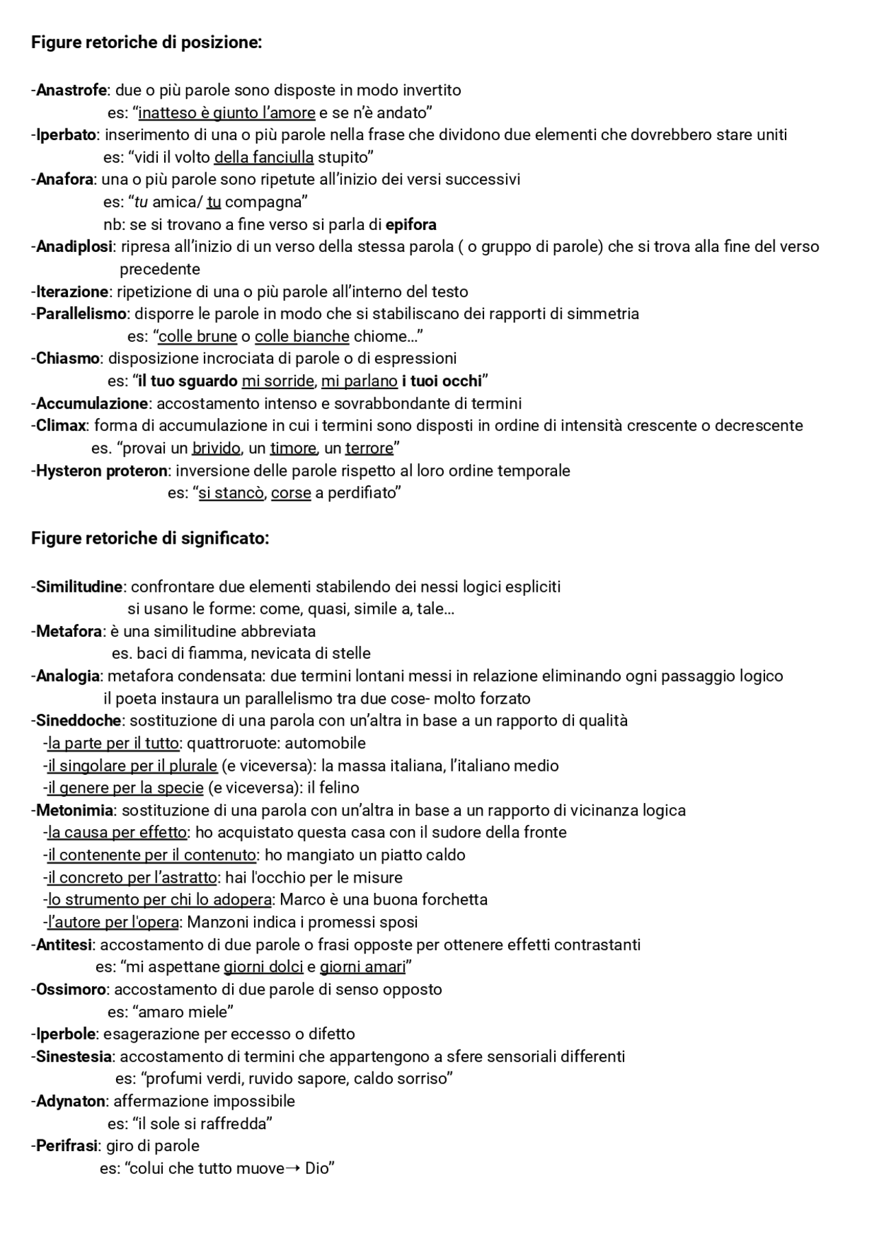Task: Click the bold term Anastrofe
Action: click(x=71, y=90)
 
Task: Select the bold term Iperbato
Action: click(x=66, y=135)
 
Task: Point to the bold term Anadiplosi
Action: click(x=74, y=246)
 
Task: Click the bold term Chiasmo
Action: click(x=68, y=358)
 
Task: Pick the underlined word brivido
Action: click(x=216, y=448)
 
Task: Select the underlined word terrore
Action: click(x=369, y=448)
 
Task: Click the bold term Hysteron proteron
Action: click(x=102, y=471)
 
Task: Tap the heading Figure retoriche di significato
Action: click(x=150, y=538)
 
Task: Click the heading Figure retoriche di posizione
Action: click(x=146, y=43)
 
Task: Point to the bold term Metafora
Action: click(x=69, y=631)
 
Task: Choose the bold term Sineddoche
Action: click(x=78, y=720)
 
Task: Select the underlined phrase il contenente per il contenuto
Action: click(x=152, y=855)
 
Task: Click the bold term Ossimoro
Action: click(x=71, y=989)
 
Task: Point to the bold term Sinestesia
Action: click(x=73, y=1056)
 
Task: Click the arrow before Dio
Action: click(x=292, y=1168)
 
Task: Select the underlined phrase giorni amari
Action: click(x=363, y=966)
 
